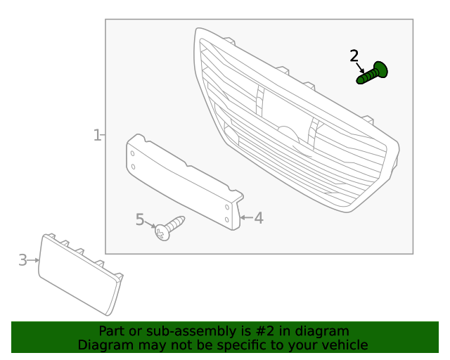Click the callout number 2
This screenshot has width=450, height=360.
(x=354, y=56)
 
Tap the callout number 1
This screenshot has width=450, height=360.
(x=97, y=134)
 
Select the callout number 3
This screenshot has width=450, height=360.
(x=22, y=260)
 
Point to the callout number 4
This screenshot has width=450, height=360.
(x=259, y=218)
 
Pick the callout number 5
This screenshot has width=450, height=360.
(x=140, y=220)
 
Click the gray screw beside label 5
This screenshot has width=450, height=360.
(x=169, y=227)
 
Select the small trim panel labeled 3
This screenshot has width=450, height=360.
(x=79, y=275)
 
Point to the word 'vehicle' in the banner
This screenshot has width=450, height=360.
(x=344, y=345)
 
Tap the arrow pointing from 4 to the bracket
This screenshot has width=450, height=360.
(x=245, y=218)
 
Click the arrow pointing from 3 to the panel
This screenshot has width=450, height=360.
(x=33, y=260)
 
